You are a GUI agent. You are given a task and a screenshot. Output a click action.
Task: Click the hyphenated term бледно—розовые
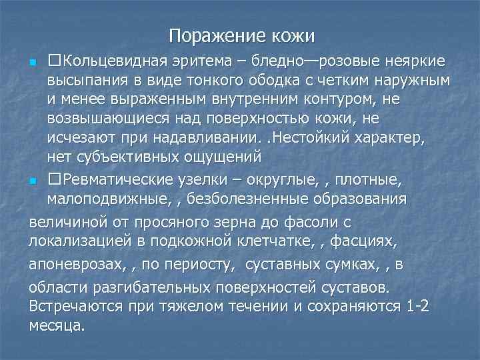point(303,62)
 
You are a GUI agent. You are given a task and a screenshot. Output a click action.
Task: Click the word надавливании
point(209,139)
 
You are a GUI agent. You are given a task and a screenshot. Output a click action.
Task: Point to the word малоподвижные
point(102,200)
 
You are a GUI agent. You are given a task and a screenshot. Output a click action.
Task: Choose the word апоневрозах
point(69,265)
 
